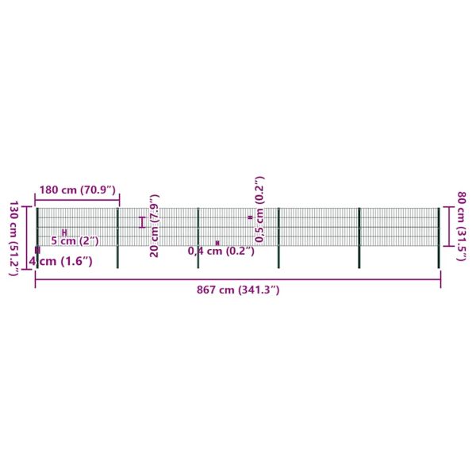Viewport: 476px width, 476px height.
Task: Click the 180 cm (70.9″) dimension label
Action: click(78, 190)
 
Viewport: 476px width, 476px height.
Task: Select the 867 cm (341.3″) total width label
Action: click(238, 290)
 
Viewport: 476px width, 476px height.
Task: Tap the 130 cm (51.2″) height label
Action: click(14, 238)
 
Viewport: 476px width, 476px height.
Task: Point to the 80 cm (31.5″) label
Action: click(462, 226)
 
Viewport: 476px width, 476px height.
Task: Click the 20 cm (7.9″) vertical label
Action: click(155, 226)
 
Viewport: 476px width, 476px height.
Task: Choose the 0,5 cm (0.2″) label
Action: click(259, 209)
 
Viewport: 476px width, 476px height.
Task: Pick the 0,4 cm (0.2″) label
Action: click(221, 251)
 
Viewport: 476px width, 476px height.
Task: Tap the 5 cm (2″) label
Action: click(75, 241)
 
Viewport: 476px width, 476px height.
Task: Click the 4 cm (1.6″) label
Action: click(61, 261)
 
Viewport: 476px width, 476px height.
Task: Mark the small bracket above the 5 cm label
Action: click(64, 232)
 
